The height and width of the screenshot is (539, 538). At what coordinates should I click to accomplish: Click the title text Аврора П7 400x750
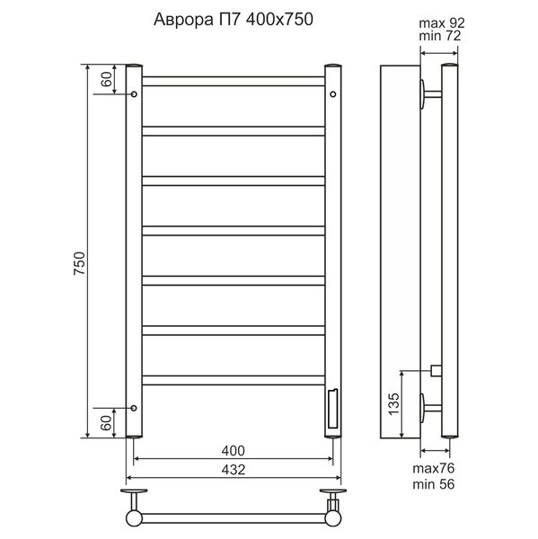click(x=234, y=20)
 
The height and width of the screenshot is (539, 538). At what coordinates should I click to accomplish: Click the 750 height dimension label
click(x=79, y=263)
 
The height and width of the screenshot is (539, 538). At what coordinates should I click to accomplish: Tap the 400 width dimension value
click(x=234, y=451)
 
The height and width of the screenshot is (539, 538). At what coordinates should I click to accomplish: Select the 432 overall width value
click(x=234, y=470)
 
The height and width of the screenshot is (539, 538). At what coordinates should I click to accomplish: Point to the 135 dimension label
click(x=394, y=403)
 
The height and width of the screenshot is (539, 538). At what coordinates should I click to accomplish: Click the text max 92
click(x=442, y=23)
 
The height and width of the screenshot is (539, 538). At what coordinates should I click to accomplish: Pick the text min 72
click(x=440, y=36)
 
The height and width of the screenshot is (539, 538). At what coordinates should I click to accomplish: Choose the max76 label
click(x=434, y=468)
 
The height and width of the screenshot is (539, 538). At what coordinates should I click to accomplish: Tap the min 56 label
click(x=434, y=484)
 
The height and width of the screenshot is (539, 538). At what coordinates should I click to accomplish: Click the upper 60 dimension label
click(x=107, y=79)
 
